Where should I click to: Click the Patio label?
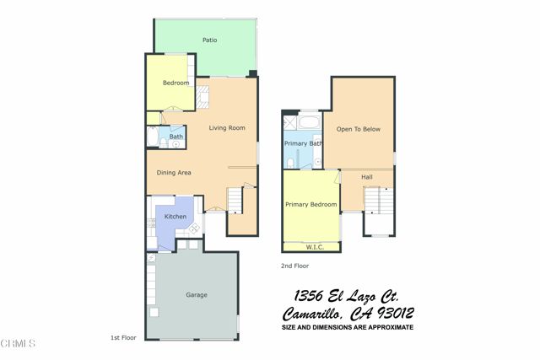point(210,40)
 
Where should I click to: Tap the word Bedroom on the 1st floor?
point(175,83)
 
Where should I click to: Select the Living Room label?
point(227,128)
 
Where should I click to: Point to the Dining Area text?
point(174,173)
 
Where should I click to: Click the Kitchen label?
point(175,217)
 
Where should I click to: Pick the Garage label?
point(197,295)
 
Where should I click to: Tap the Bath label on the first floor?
point(176,137)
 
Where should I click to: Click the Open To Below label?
point(355,130)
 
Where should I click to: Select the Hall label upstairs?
point(367,177)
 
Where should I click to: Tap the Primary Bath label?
point(304,143)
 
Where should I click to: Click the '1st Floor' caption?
point(122,337)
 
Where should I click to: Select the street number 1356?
point(313,296)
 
